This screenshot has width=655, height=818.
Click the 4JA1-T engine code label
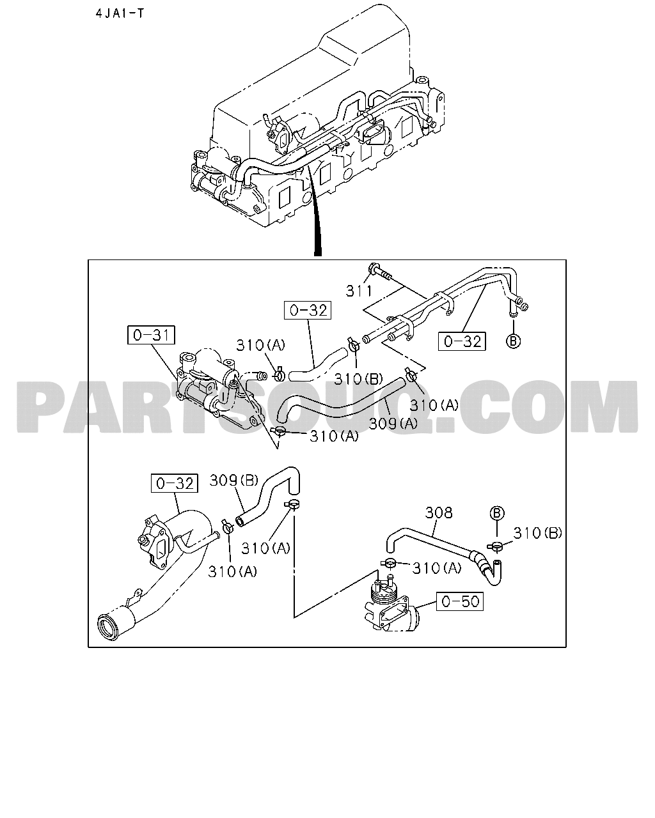(120, 13)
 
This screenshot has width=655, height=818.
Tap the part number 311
(359, 291)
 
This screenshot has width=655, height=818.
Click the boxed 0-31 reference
(151, 335)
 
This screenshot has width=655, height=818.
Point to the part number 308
(439, 513)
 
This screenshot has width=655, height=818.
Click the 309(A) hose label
(393, 424)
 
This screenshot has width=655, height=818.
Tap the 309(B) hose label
(233, 481)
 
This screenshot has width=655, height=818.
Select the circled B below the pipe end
(513, 341)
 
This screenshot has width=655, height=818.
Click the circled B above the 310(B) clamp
(496, 513)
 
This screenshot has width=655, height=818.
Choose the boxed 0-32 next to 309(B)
(175, 483)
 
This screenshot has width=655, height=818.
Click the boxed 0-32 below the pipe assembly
(462, 341)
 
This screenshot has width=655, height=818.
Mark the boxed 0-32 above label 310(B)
(308, 310)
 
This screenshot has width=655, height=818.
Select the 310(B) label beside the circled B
(537, 533)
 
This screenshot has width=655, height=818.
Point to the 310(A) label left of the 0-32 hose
(261, 345)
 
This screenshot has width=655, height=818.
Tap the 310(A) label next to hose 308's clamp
(437, 568)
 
